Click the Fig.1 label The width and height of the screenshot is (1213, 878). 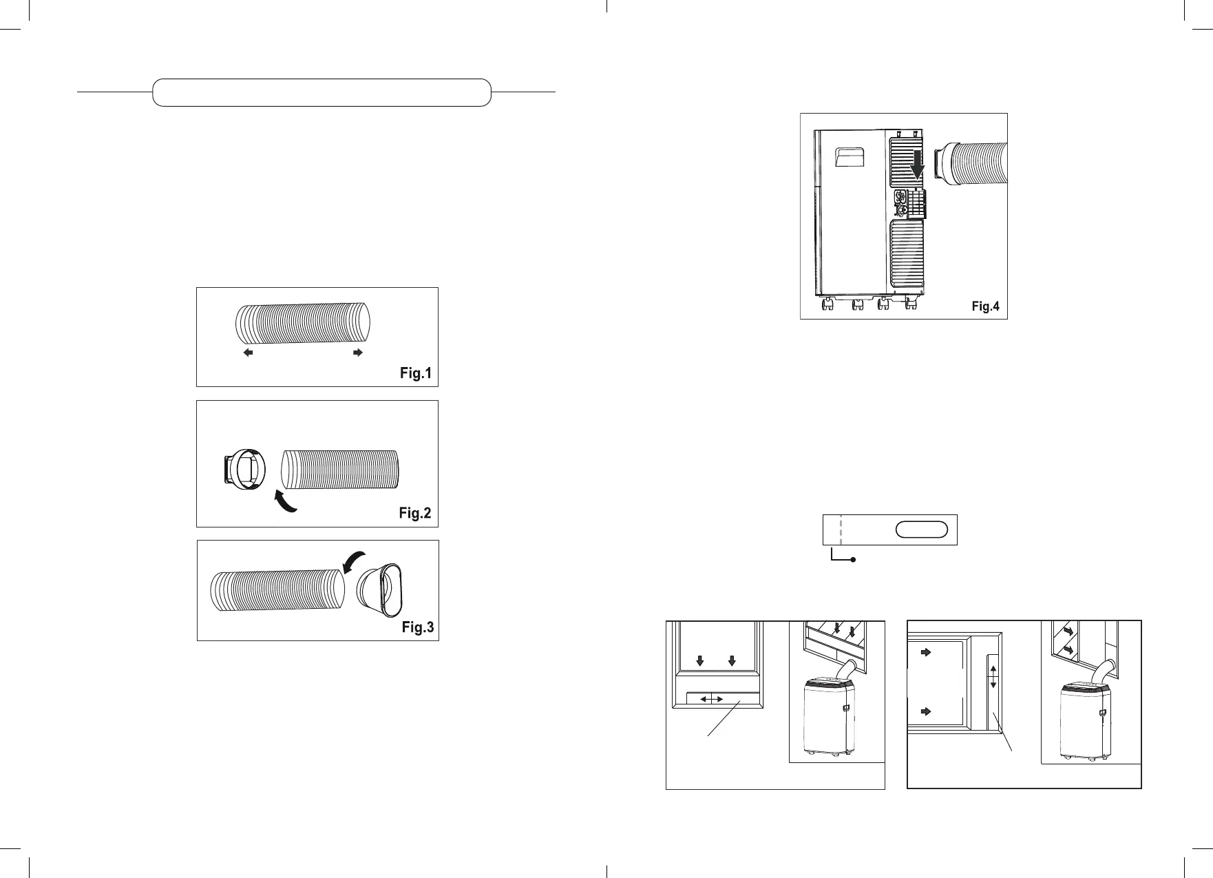(416, 373)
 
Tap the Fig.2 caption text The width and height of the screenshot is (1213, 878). (414, 513)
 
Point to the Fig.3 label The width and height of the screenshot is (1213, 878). (418, 627)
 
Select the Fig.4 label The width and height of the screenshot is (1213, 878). (985, 306)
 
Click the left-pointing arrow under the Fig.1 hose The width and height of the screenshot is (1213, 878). (249, 353)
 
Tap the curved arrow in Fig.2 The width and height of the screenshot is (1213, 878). (286, 501)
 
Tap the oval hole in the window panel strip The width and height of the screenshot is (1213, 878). (922, 530)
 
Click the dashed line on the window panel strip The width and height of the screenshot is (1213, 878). (841, 530)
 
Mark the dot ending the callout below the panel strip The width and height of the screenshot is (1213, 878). (853, 561)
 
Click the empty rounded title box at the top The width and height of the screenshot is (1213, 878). (321, 92)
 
